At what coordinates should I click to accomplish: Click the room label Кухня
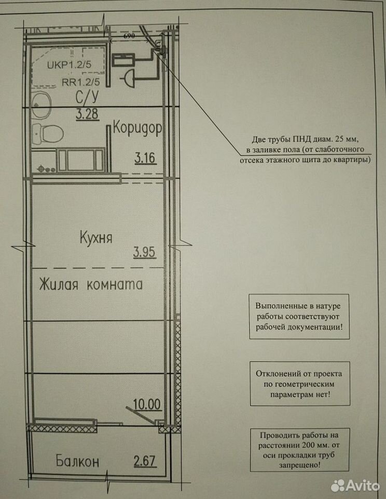tap(96, 237)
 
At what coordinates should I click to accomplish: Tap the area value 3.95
tap(144, 252)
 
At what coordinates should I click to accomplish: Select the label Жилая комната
tap(91, 284)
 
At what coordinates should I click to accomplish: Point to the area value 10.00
tap(147, 404)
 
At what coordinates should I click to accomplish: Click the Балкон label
tap(77, 461)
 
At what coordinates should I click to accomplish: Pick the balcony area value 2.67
tap(145, 461)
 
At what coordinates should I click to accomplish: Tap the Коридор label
tap(137, 128)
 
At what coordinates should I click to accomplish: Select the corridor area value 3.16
tap(145, 158)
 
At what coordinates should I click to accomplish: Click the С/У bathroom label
tap(87, 97)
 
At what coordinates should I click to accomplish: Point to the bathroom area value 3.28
tap(87, 114)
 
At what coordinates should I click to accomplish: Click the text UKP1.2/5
tap(69, 64)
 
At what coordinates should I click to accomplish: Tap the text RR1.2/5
tap(81, 82)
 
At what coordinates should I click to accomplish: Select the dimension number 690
tap(129, 36)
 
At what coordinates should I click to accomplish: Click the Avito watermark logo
tap(355, 485)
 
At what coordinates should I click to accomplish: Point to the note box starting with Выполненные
tap(299, 317)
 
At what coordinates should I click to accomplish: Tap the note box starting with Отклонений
tap(299, 384)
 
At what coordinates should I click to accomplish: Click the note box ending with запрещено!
tap(299, 450)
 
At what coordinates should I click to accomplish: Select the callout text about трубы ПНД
tap(305, 150)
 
